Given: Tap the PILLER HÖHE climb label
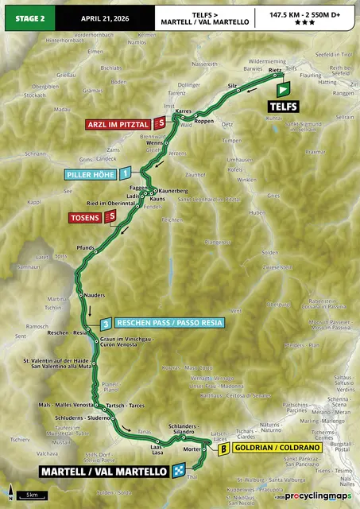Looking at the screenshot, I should coord(90,172).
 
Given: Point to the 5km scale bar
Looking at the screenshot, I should coord(31,495).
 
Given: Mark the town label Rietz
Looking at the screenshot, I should coord(275,70).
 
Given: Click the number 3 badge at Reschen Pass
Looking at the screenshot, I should coord(105,323).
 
